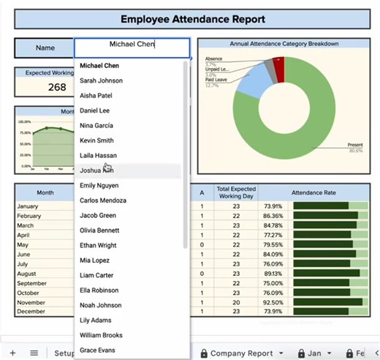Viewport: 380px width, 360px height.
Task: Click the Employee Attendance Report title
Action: [x=193, y=19]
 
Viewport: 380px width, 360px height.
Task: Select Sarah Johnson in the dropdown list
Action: [x=101, y=80]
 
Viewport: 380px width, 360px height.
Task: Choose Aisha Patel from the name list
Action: [x=96, y=95]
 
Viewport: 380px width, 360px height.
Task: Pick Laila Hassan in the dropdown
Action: [x=98, y=155]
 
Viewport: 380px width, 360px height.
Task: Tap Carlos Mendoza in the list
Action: [x=103, y=200]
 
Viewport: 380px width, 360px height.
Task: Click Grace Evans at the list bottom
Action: [x=97, y=350]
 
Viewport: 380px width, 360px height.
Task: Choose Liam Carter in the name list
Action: [x=97, y=275]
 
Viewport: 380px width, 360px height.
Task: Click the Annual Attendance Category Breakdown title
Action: [x=284, y=44]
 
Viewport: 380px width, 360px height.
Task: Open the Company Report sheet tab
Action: [x=241, y=353]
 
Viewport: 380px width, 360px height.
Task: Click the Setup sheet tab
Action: [x=65, y=353]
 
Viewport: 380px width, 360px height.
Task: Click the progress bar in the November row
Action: [x=330, y=301]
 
